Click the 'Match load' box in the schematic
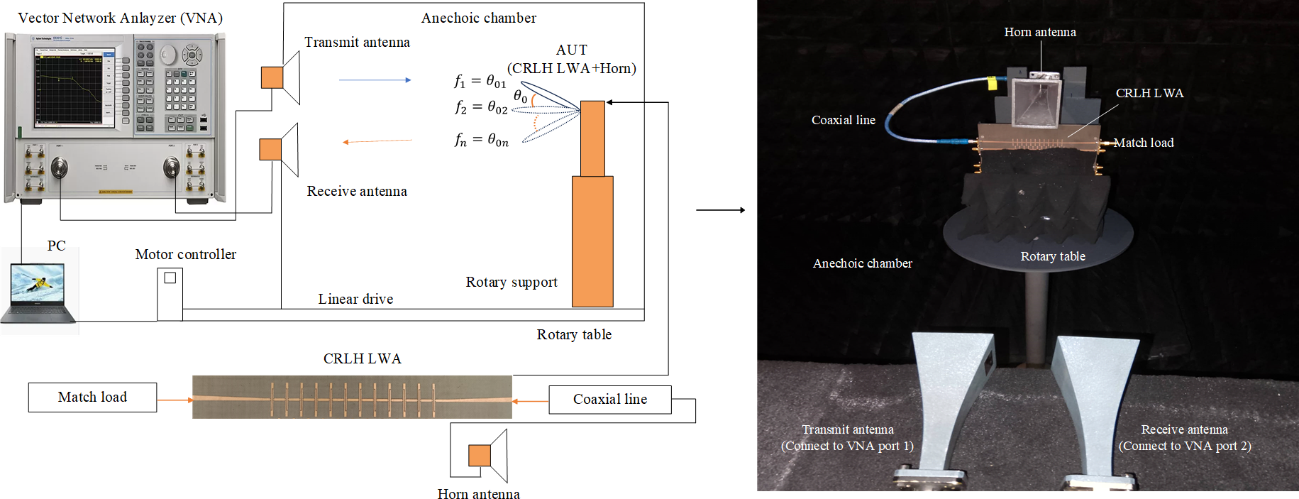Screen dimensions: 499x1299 tap(92, 397)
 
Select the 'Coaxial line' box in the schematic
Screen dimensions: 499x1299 tap(609, 400)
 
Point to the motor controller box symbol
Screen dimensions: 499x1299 tap(170, 294)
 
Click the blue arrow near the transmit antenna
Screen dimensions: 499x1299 tap(375, 80)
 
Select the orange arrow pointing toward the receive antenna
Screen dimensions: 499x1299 tap(377, 141)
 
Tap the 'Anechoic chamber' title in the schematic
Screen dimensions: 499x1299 tap(479, 18)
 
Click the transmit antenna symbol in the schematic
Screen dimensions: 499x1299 tap(281, 77)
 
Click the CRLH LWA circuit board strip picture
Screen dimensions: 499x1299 tap(352, 397)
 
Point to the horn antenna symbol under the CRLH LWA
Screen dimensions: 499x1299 tap(488, 455)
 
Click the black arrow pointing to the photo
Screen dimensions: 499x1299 tap(720, 210)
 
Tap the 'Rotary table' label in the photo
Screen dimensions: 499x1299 tap(1053, 256)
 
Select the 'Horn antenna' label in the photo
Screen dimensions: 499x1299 tap(1040, 32)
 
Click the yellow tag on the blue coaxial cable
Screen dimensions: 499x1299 tap(992, 84)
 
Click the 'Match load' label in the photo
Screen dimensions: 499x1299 tap(1144, 143)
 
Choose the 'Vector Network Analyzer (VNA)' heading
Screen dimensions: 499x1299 tap(121, 18)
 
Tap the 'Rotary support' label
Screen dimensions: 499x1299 tap(512, 282)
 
